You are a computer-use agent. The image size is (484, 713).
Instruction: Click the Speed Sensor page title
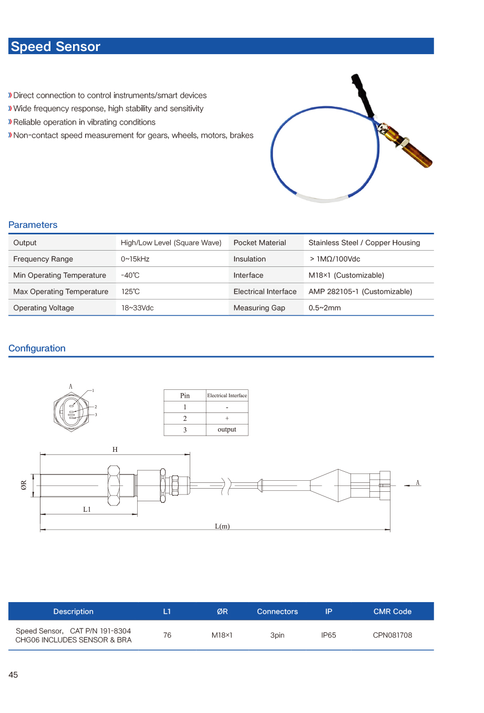(x=55, y=47)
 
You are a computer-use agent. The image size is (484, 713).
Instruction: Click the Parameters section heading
(x=33, y=225)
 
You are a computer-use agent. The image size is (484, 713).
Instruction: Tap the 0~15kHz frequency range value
(x=135, y=259)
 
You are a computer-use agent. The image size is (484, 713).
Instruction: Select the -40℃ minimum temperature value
(x=130, y=275)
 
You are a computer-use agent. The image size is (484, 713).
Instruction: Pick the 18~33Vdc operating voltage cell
(x=137, y=308)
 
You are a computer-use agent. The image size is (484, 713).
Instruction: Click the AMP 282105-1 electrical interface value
(x=360, y=292)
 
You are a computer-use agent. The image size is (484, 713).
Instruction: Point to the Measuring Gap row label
(x=259, y=308)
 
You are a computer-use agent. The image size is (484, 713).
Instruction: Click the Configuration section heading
(x=37, y=348)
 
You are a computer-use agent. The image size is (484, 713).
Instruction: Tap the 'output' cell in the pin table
(x=227, y=430)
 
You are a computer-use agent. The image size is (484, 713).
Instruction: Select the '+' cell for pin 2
(x=227, y=418)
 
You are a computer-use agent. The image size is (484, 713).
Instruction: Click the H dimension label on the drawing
(x=115, y=449)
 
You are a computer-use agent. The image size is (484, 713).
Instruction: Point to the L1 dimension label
(x=87, y=509)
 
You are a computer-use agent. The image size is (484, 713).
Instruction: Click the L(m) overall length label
(x=222, y=526)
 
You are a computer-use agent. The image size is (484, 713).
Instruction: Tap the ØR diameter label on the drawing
(x=24, y=485)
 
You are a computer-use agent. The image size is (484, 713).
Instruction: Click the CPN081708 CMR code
(x=392, y=635)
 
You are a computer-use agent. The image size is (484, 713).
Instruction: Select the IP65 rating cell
(x=328, y=635)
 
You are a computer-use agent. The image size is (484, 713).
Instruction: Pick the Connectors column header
(x=277, y=612)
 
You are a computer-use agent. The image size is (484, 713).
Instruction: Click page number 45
(x=13, y=675)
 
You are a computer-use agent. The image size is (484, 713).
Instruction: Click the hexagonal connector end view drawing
(x=71, y=410)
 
